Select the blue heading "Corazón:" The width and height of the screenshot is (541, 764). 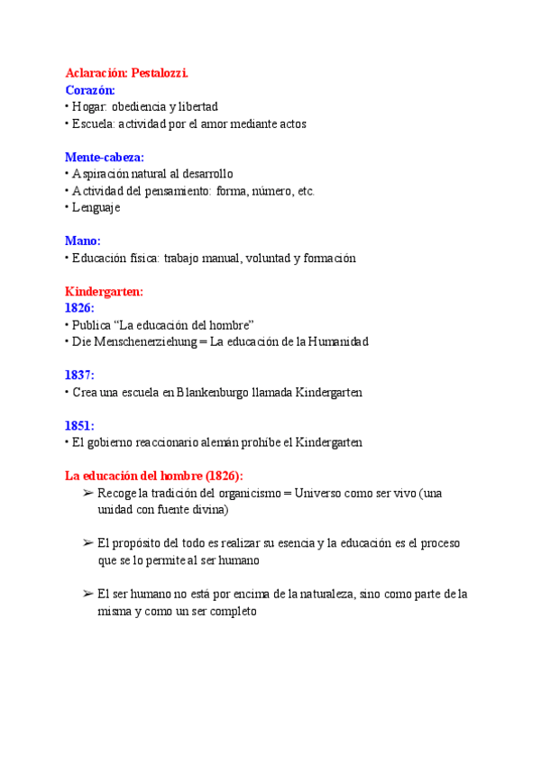point(90,89)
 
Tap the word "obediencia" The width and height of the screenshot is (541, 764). point(140,106)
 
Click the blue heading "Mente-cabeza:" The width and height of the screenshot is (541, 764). point(105,157)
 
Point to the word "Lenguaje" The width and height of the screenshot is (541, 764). point(96,207)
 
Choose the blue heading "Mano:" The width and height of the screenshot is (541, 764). point(83,241)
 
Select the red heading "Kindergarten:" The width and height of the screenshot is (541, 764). point(105,291)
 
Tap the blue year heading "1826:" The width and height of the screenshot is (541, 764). point(79,308)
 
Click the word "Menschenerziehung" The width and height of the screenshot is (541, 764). point(136,341)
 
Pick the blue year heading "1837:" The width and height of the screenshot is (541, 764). point(79,375)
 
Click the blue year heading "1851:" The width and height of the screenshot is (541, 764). point(79,425)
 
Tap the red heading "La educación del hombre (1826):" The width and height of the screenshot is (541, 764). point(153,476)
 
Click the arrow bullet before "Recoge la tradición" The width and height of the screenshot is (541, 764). point(87,493)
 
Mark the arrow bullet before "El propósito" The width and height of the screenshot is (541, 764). point(87,543)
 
